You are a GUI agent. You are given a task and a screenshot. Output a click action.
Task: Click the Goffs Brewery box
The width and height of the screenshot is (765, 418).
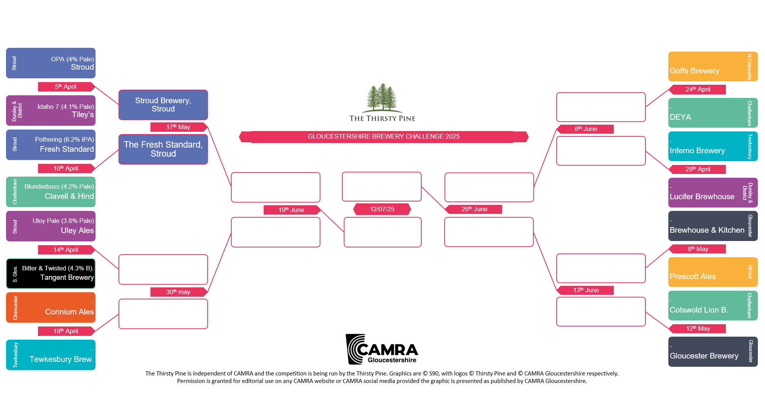(713, 67)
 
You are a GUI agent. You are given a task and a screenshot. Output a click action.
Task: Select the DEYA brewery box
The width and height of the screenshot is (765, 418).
(713, 113)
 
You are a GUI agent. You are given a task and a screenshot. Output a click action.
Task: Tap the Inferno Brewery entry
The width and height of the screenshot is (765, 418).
(713, 146)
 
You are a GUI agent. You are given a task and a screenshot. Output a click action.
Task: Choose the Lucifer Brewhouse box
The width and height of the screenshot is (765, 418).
(713, 193)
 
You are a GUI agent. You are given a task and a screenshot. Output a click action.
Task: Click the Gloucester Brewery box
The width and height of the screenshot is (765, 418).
(713, 352)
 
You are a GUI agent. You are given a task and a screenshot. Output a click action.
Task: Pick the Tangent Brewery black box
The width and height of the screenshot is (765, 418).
(51, 273)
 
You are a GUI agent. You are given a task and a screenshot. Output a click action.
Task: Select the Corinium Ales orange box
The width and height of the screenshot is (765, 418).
(51, 308)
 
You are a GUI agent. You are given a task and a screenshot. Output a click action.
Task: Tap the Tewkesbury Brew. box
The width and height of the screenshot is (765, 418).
(51, 355)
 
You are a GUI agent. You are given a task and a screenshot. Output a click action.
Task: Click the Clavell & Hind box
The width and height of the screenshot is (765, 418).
(51, 192)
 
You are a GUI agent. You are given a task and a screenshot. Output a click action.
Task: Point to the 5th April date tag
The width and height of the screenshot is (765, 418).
(65, 87)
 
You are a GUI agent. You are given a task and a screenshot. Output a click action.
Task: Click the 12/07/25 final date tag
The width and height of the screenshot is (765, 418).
(382, 209)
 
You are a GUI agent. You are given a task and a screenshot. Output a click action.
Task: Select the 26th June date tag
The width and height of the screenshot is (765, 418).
(474, 209)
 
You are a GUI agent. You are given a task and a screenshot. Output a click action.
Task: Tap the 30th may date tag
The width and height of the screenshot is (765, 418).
(178, 292)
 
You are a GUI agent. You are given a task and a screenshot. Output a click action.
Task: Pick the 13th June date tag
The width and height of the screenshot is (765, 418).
(586, 290)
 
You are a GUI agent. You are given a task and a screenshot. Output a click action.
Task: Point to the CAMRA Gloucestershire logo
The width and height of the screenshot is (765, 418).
(382, 349)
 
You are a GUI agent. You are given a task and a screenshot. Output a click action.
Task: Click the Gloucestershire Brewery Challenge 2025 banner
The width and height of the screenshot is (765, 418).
(384, 137)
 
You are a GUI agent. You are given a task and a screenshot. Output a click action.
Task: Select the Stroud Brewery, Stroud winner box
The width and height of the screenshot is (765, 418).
(163, 105)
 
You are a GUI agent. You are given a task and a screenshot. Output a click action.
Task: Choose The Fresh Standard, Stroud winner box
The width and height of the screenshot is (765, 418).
(163, 150)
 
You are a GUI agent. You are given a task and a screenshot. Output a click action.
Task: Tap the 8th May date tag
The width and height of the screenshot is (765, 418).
(698, 249)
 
